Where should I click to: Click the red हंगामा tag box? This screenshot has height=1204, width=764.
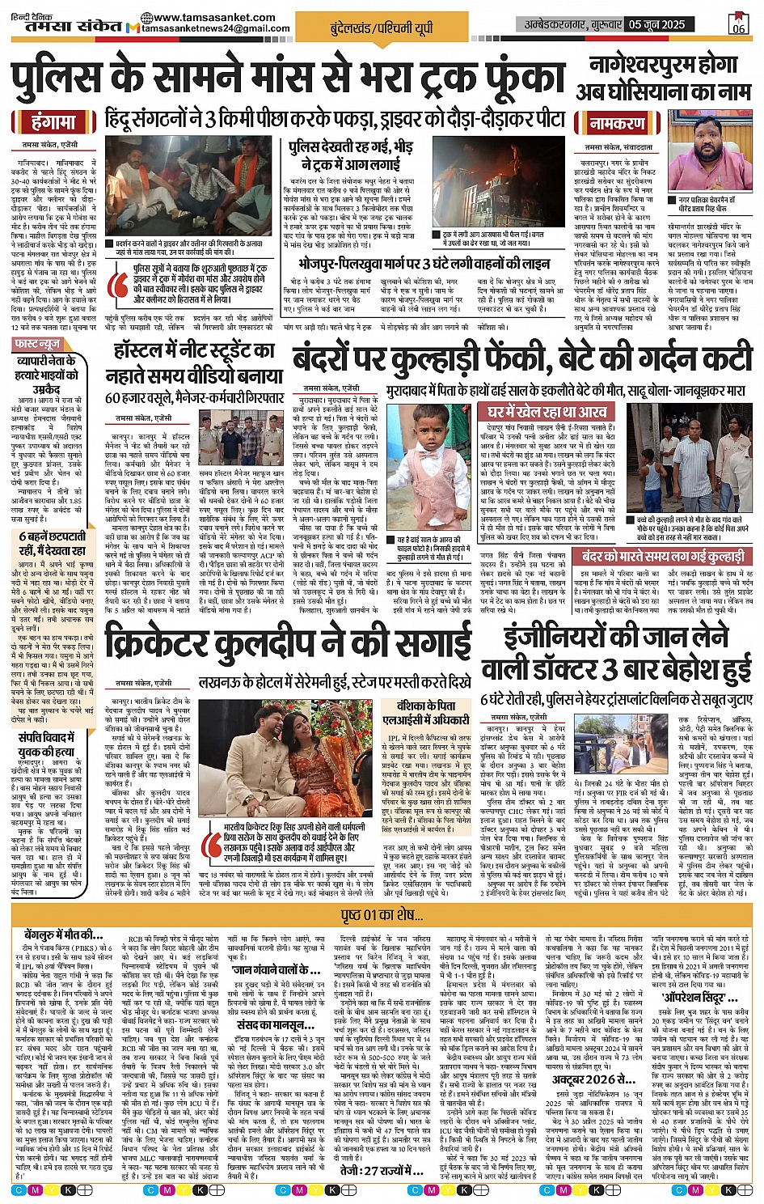pyautogui.click(x=54, y=122)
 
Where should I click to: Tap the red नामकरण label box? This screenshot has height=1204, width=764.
pyautogui.click(x=617, y=124)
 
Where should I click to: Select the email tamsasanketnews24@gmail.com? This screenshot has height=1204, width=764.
pyautogui.click(x=215, y=28)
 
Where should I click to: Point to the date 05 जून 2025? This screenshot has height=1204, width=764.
pyautogui.click(x=656, y=24)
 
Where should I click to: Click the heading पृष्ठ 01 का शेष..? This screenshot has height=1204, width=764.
pyautogui.click(x=382, y=915)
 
